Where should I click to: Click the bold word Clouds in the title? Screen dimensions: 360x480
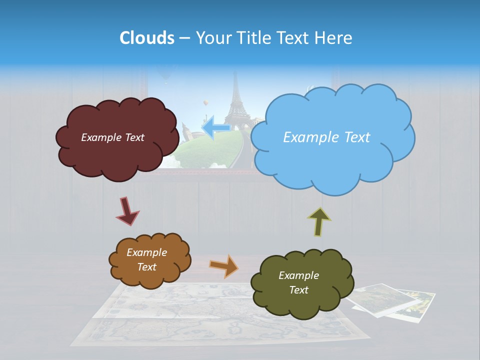pos(146,38)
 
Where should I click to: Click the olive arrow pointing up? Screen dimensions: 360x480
pos(319,221)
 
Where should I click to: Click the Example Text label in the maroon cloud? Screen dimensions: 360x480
pos(112,137)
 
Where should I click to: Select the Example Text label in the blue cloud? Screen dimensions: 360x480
pos(326,137)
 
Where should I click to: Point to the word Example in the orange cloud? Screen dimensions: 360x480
pos(146,252)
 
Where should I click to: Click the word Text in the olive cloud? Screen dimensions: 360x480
pos(298,290)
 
